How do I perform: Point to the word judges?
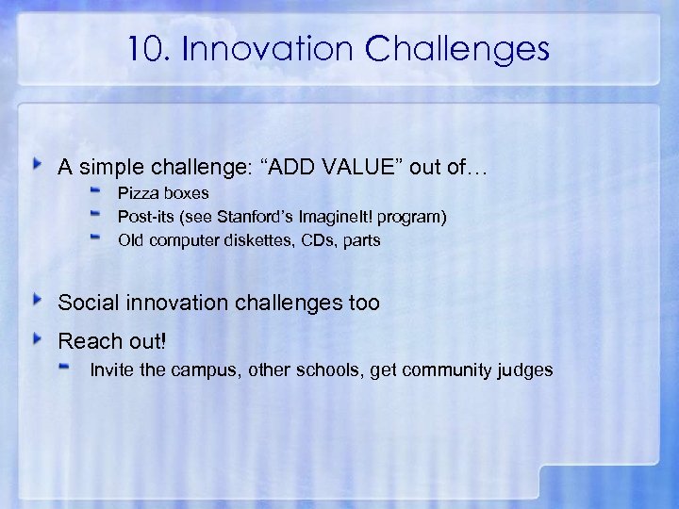tap(524, 369)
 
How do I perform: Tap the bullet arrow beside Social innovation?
tap(38, 301)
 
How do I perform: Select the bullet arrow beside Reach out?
tap(38, 337)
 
